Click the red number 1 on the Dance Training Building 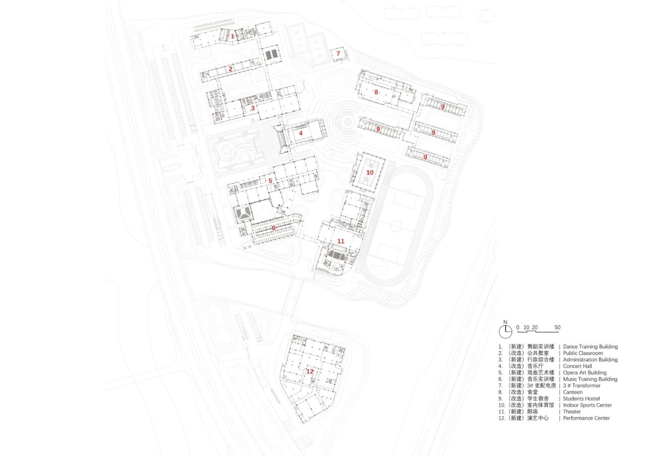point(233,36)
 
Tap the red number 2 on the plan point(231,69)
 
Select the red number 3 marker point(253,108)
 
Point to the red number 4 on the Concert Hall point(301,134)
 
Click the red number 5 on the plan point(271,181)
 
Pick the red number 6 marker point(274,228)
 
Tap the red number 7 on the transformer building point(338,53)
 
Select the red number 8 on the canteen point(376,92)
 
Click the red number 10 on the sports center point(370,173)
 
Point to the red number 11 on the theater point(341,241)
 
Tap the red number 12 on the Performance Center point(310,371)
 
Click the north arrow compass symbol point(505,331)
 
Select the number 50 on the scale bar point(557,328)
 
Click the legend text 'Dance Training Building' point(590,347)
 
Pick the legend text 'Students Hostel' point(581,398)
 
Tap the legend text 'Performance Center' point(586,418)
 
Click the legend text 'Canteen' point(573,392)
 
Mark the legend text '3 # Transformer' point(582,385)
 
